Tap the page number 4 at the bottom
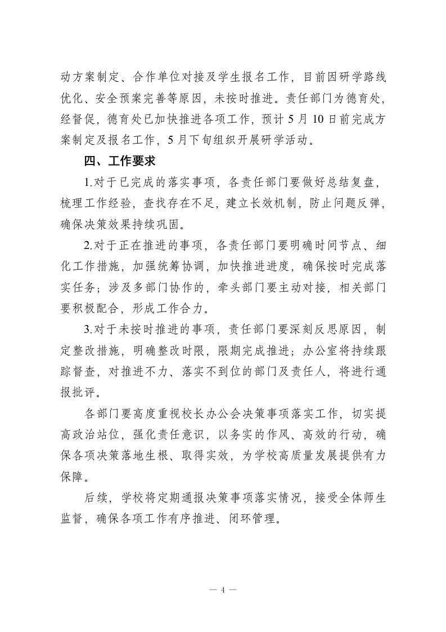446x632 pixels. click(x=223, y=590)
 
